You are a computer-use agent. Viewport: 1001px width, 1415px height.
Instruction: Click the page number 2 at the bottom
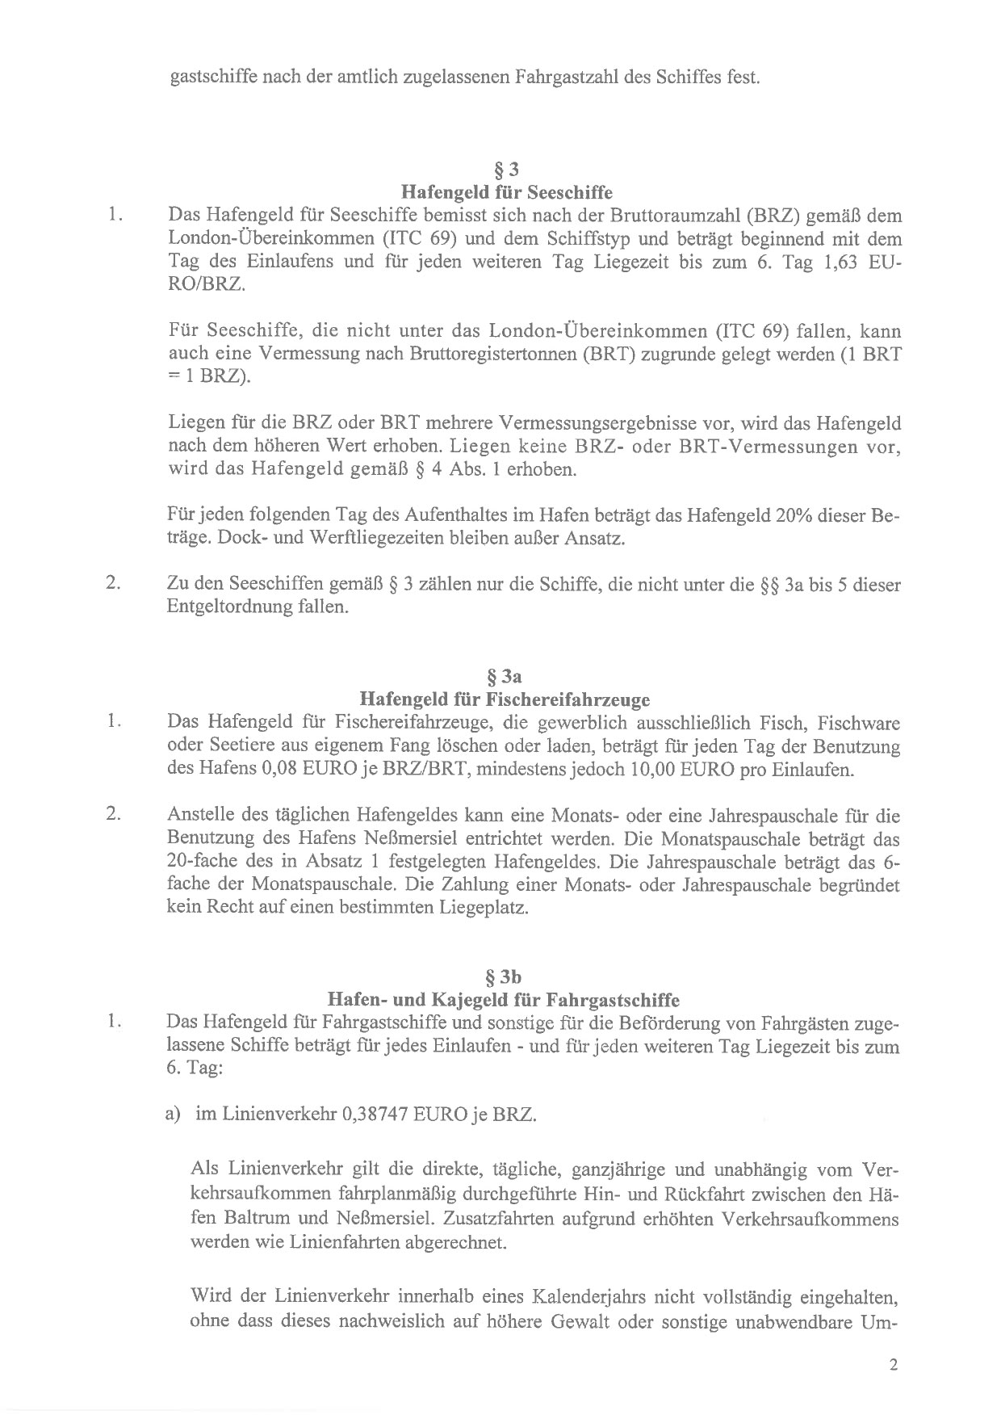[892, 1365]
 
